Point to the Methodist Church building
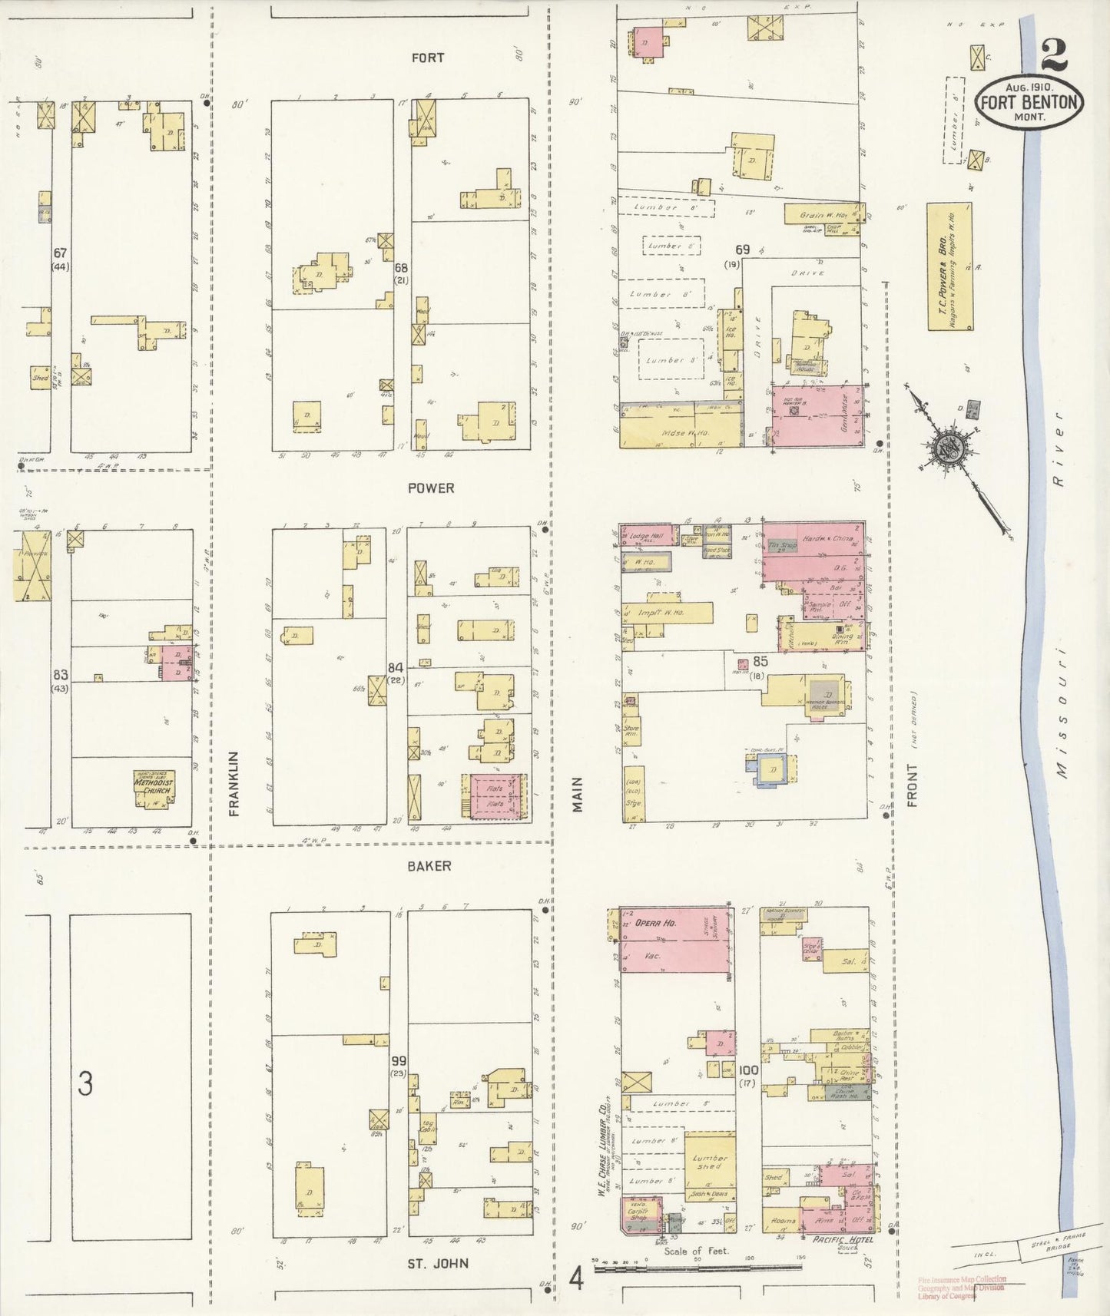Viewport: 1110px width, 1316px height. [x=154, y=789]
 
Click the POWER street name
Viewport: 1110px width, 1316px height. [x=431, y=488]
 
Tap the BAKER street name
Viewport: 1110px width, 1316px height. [x=429, y=866]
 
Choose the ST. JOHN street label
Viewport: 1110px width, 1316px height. [x=438, y=1263]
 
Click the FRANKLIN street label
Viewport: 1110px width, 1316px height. [x=234, y=783]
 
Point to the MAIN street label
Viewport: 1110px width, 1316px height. [x=578, y=794]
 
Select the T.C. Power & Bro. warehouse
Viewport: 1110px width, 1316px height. [x=949, y=266]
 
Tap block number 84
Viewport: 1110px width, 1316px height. [x=396, y=666]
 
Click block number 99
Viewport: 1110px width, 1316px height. [x=399, y=1060]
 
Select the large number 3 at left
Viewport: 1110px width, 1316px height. [x=85, y=1083]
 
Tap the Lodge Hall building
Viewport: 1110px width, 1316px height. [x=646, y=536]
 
